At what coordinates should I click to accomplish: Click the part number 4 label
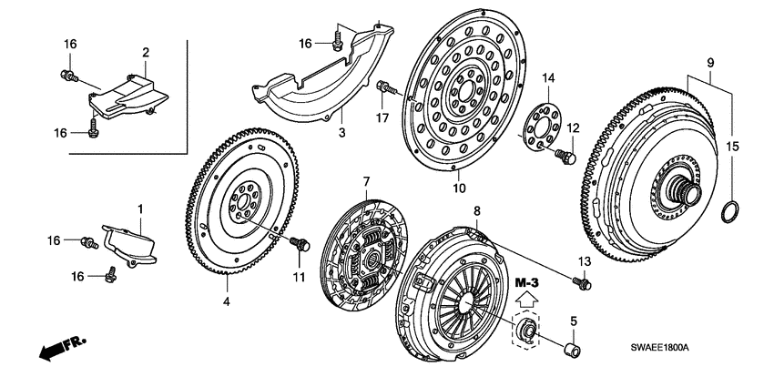227,300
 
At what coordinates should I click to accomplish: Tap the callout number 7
366,180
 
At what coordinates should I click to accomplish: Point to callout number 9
711,63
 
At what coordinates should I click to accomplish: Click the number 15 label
733,146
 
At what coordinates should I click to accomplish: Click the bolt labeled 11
300,243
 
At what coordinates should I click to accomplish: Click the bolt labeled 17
386,88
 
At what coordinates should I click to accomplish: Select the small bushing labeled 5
575,349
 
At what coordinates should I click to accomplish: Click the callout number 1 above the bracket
140,209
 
